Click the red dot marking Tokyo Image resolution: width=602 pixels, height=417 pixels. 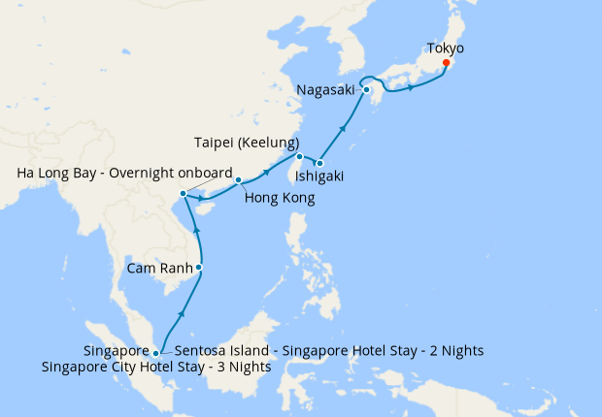[x=446, y=63]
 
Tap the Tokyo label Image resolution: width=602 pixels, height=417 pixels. [x=446, y=48]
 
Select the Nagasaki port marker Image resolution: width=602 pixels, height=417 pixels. [x=367, y=90]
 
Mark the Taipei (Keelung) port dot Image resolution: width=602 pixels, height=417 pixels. [x=299, y=156]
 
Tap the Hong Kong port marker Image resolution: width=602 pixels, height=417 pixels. [x=238, y=180]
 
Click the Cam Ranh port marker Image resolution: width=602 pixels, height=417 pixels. [x=199, y=267]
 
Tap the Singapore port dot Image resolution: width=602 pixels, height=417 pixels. [x=155, y=354]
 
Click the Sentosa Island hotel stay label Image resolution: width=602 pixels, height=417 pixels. [x=330, y=350]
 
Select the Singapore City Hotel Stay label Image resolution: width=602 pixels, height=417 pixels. [x=157, y=368]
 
